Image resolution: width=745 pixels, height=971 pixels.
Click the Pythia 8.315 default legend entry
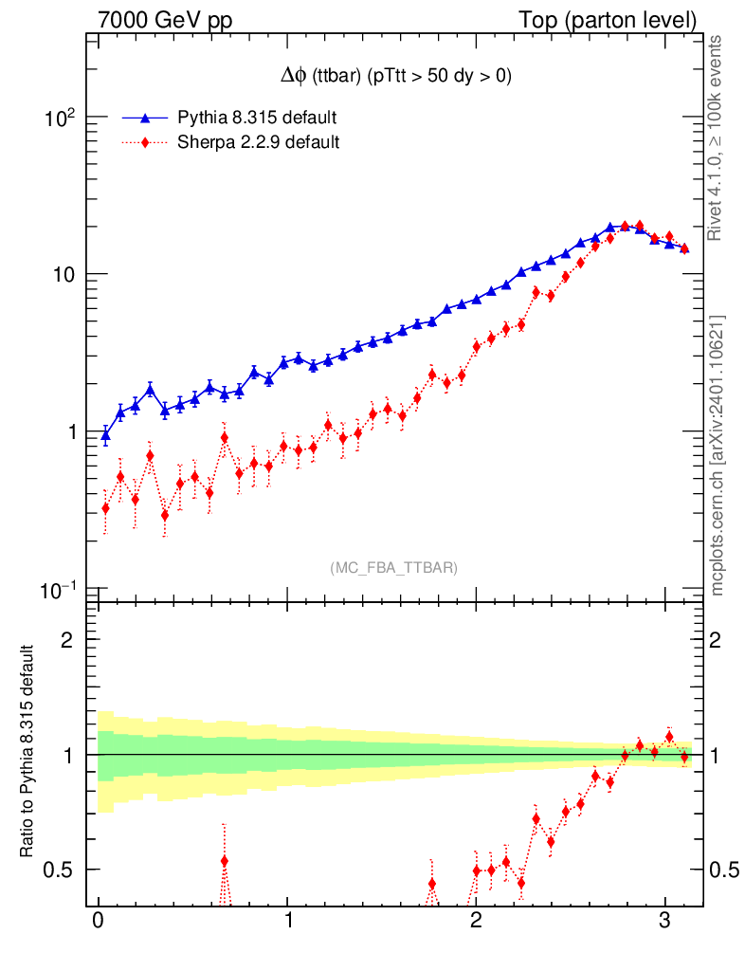(257, 119)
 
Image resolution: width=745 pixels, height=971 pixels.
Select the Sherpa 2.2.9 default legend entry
(259, 143)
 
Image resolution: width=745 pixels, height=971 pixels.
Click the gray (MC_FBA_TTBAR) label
(393, 568)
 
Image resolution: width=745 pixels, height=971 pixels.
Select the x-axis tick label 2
(476, 921)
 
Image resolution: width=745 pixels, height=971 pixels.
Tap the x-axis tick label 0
(98, 921)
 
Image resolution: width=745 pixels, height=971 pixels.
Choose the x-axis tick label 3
(664, 921)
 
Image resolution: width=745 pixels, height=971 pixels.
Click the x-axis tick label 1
(287, 921)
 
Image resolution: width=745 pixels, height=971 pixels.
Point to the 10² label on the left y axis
(60, 119)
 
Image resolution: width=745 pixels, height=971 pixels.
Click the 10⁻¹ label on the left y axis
(58, 590)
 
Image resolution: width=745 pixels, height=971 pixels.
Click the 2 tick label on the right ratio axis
(719, 640)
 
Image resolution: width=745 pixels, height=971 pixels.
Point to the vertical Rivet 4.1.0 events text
(716, 138)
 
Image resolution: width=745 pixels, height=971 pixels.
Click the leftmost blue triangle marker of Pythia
(105, 436)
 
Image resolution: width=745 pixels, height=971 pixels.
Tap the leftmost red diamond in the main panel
(105, 508)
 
